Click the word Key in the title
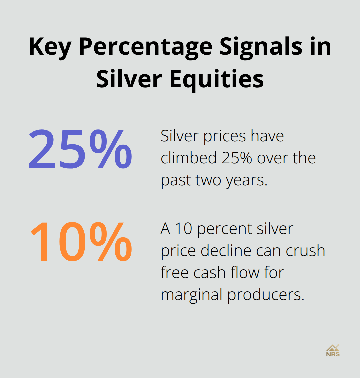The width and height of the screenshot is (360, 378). [50, 47]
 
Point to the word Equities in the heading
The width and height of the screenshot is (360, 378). [217, 80]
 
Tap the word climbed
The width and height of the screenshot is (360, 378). [189, 158]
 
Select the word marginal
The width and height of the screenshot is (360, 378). [192, 295]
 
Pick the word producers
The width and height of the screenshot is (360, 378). [266, 295]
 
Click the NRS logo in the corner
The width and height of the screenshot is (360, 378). [333, 351]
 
